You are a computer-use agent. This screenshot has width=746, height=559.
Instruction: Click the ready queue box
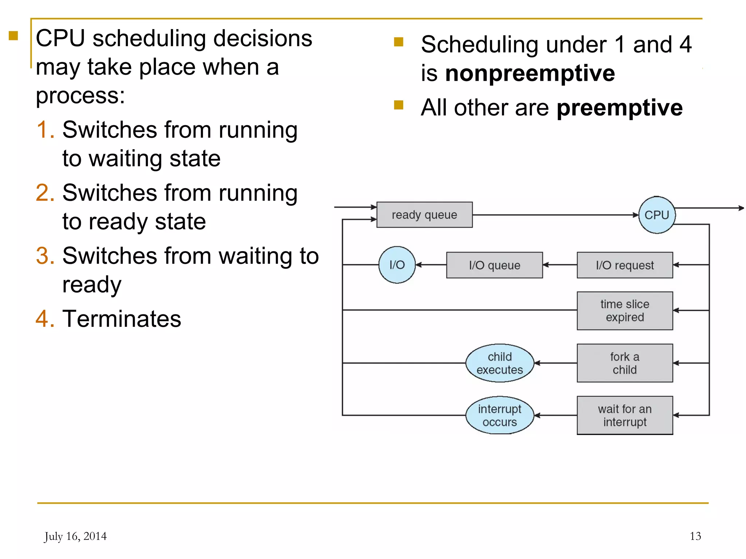(424, 215)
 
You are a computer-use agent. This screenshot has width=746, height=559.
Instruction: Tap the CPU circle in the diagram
(656, 215)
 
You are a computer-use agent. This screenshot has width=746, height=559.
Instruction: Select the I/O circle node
(397, 265)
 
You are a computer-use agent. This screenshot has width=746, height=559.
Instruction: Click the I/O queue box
(494, 265)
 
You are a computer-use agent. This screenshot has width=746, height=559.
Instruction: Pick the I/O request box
(625, 265)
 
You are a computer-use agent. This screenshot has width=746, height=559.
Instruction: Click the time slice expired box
(625, 310)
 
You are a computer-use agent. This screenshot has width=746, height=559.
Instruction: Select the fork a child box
(625, 363)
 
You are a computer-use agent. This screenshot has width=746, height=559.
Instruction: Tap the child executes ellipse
(499, 363)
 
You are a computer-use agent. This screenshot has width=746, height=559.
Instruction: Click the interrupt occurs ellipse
(499, 415)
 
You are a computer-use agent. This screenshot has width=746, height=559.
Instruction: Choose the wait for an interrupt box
(625, 415)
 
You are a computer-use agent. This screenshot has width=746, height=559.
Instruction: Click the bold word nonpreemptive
(530, 74)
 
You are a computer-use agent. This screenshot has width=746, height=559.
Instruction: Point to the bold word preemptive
(619, 108)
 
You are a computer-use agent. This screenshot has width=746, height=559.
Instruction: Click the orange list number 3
(45, 255)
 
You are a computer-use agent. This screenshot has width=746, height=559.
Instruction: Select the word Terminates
(122, 319)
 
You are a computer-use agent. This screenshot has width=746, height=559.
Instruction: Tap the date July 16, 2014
(75, 536)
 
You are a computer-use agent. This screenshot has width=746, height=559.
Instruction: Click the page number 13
(695, 536)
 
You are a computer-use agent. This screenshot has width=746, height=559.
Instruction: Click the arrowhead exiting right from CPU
(741, 208)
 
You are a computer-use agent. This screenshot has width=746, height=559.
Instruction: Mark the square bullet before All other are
(399, 105)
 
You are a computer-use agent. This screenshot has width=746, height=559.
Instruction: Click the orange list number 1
(45, 130)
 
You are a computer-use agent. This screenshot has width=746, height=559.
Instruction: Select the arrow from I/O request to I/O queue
(560, 265)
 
